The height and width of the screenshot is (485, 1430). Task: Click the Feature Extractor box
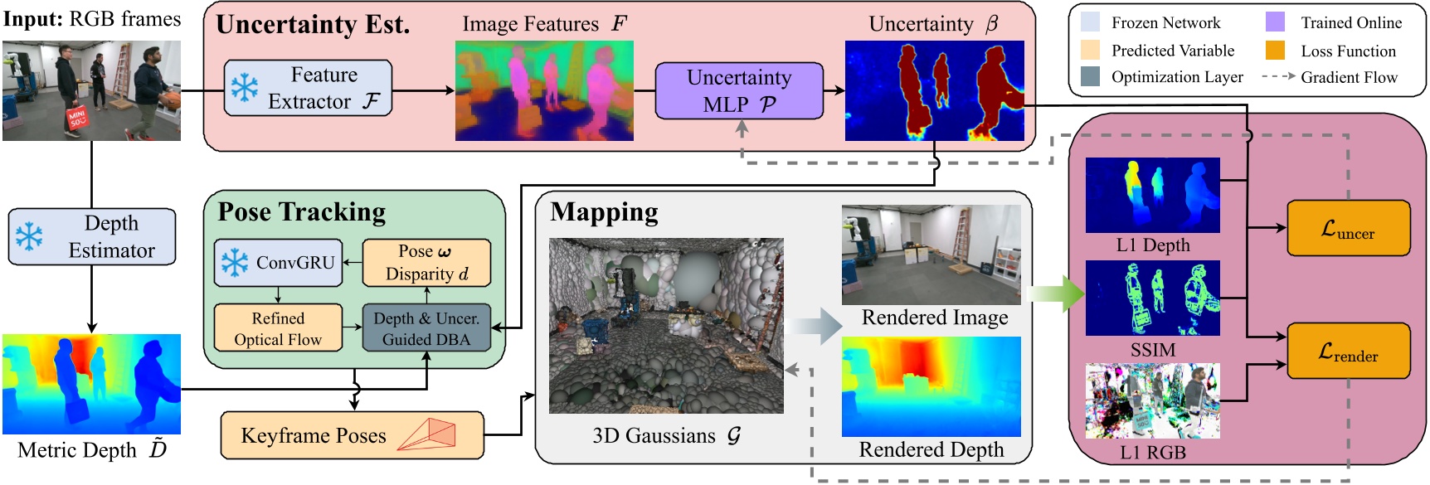tap(308, 88)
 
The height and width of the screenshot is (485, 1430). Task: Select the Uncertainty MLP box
tap(739, 90)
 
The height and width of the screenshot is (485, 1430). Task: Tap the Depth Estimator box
tap(92, 237)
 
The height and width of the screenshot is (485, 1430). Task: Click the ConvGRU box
tap(278, 263)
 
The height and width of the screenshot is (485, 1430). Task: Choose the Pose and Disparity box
tap(426, 263)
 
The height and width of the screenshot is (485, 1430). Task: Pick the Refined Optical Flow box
tap(278, 328)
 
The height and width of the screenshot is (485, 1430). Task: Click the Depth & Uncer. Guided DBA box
tap(426, 328)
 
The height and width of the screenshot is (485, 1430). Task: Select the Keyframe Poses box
tap(352, 435)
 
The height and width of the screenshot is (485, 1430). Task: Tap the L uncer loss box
tap(1348, 228)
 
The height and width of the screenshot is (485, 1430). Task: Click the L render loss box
tap(1348, 351)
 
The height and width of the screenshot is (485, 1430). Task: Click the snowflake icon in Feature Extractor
tap(244, 88)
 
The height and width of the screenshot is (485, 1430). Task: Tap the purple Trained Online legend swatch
tap(1275, 22)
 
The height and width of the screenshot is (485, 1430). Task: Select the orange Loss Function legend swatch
tap(1275, 51)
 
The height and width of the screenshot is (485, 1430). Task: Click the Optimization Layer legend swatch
tap(1091, 76)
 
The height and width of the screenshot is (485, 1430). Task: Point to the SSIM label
tap(1152, 350)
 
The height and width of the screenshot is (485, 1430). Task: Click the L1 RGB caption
tap(1152, 453)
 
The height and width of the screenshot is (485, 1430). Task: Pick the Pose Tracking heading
tap(302, 212)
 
